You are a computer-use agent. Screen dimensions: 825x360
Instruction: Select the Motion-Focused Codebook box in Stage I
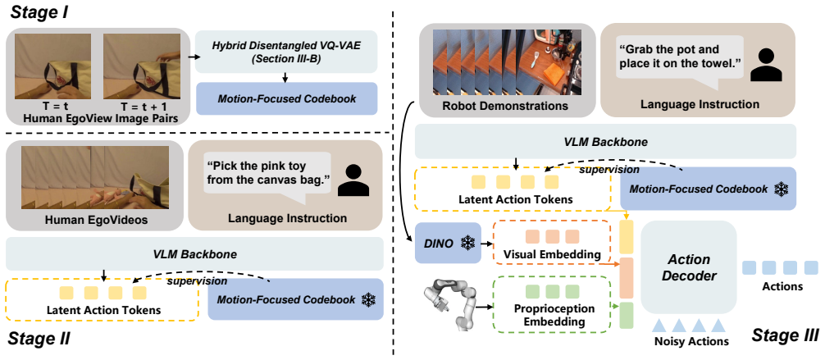pyautogui.click(x=286, y=98)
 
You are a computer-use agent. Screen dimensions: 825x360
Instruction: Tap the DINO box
pyautogui.click(x=449, y=243)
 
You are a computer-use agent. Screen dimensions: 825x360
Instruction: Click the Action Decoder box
pyautogui.click(x=689, y=268)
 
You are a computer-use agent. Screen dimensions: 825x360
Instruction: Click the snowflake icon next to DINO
pyautogui.click(x=467, y=243)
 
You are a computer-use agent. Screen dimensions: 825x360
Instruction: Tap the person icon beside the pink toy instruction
pyautogui.click(x=352, y=180)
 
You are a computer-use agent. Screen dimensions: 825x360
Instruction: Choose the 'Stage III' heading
pyautogui.click(x=783, y=335)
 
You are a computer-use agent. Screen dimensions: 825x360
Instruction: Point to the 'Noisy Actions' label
pyautogui.click(x=691, y=342)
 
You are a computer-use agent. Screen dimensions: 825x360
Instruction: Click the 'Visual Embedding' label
pyautogui.click(x=552, y=254)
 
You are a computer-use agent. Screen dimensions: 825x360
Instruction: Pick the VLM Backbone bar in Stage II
pyautogui.click(x=195, y=254)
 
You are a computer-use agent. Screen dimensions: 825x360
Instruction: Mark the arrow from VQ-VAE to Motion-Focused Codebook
pyautogui.click(x=285, y=77)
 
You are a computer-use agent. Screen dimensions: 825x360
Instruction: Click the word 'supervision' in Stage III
pyautogui.click(x=609, y=170)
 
